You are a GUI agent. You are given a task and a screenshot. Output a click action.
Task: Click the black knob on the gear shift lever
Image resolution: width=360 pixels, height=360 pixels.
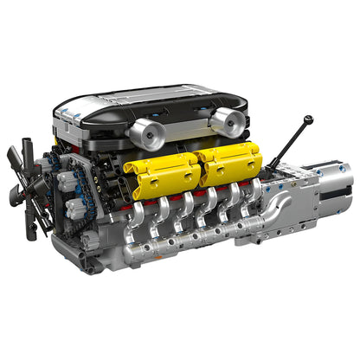coord(308,120)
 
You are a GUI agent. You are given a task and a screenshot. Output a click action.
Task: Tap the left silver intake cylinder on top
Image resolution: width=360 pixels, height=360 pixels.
coord(148,133)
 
